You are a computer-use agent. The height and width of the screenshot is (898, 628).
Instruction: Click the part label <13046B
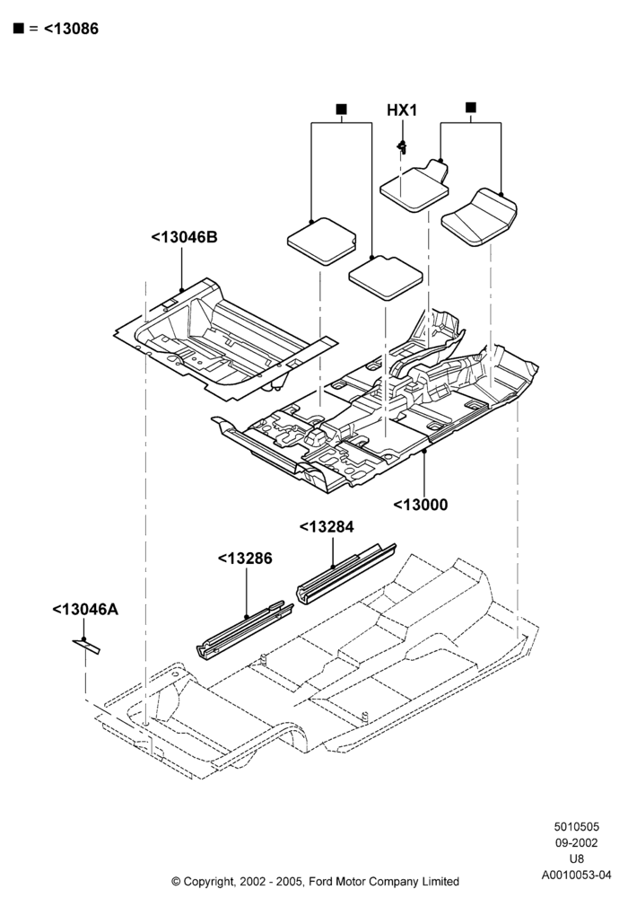(x=184, y=237)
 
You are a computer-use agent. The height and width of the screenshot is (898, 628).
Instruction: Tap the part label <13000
(x=421, y=505)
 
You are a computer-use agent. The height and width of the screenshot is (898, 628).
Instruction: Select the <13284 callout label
(x=327, y=526)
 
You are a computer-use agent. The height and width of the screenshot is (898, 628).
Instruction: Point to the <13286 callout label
(x=245, y=558)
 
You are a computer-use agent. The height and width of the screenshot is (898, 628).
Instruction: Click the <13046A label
(x=85, y=609)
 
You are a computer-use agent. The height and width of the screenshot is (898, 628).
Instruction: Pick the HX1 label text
(x=402, y=110)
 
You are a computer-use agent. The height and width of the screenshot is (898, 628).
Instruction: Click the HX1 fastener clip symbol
(x=403, y=147)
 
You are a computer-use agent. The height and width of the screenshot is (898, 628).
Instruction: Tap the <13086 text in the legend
(x=71, y=29)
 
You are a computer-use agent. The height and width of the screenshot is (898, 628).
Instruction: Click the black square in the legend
(x=19, y=28)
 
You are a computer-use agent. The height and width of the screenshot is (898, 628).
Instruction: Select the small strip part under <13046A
(x=86, y=646)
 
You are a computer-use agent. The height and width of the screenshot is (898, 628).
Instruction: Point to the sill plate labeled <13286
(x=245, y=630)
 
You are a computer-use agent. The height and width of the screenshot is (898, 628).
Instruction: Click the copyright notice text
(x=315, y=881)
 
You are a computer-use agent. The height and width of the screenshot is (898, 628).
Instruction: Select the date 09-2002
(x=577, y=842)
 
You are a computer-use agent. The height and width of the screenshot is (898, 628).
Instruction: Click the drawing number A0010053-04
(x=577, y=875)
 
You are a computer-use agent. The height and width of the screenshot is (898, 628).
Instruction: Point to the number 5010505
(x=577, y=826)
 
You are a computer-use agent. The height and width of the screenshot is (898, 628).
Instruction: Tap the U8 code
(x=577, y=858)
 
